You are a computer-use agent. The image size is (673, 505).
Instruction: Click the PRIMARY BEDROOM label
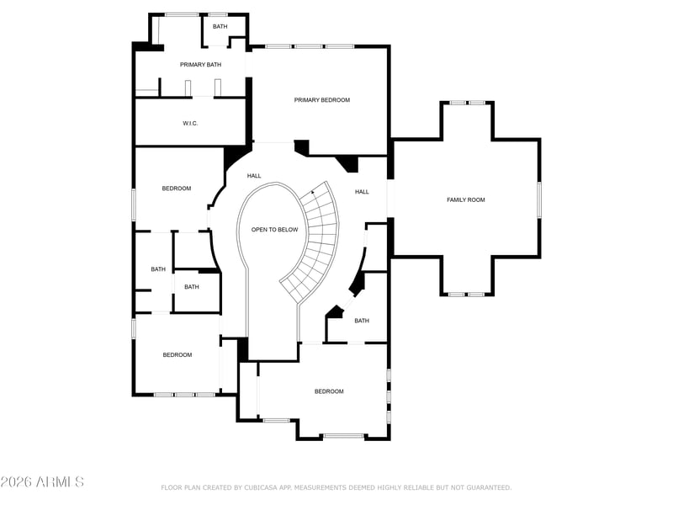pyautogui.click(x=322, y=100)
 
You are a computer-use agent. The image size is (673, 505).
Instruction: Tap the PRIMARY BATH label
pyautogui.click(x=200, y=65)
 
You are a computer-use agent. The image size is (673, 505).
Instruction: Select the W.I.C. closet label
pyautogui.click(x=190, y=123)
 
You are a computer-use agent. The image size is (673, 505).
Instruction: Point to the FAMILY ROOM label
pyautogui.click(x=466, y=199)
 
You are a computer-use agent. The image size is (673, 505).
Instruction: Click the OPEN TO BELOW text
pyautogui.click(x=275, y=230)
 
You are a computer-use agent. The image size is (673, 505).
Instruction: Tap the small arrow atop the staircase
pyautogui.click(x=312, y=193)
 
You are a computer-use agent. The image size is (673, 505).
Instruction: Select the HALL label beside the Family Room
pyautogui.click(x=362, y=192)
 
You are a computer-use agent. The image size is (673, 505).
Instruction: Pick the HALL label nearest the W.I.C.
pyautogui.click(x=254, y=176)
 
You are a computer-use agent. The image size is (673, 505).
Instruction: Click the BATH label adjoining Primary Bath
pyautogui.click(x=220, y=27)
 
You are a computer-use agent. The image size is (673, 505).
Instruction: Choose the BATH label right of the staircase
pyautogui.click(x=362, y=321)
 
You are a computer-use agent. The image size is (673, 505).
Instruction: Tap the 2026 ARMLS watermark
pyautogui.click(x=42, y=481)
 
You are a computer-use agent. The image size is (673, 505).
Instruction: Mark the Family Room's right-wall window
pyautogui.click(x=539, y=199)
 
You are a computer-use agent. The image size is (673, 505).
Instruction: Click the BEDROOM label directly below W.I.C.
pyautogui.click(x=177, y=189)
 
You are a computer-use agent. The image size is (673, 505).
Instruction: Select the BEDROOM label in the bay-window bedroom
pyautogui.click(x=329, y=391)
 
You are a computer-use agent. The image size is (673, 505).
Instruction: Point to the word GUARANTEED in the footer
pyautogui.click(x=489, y=487)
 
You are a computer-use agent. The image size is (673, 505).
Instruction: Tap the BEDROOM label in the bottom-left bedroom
pyautogui.click(x=178, y=355)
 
